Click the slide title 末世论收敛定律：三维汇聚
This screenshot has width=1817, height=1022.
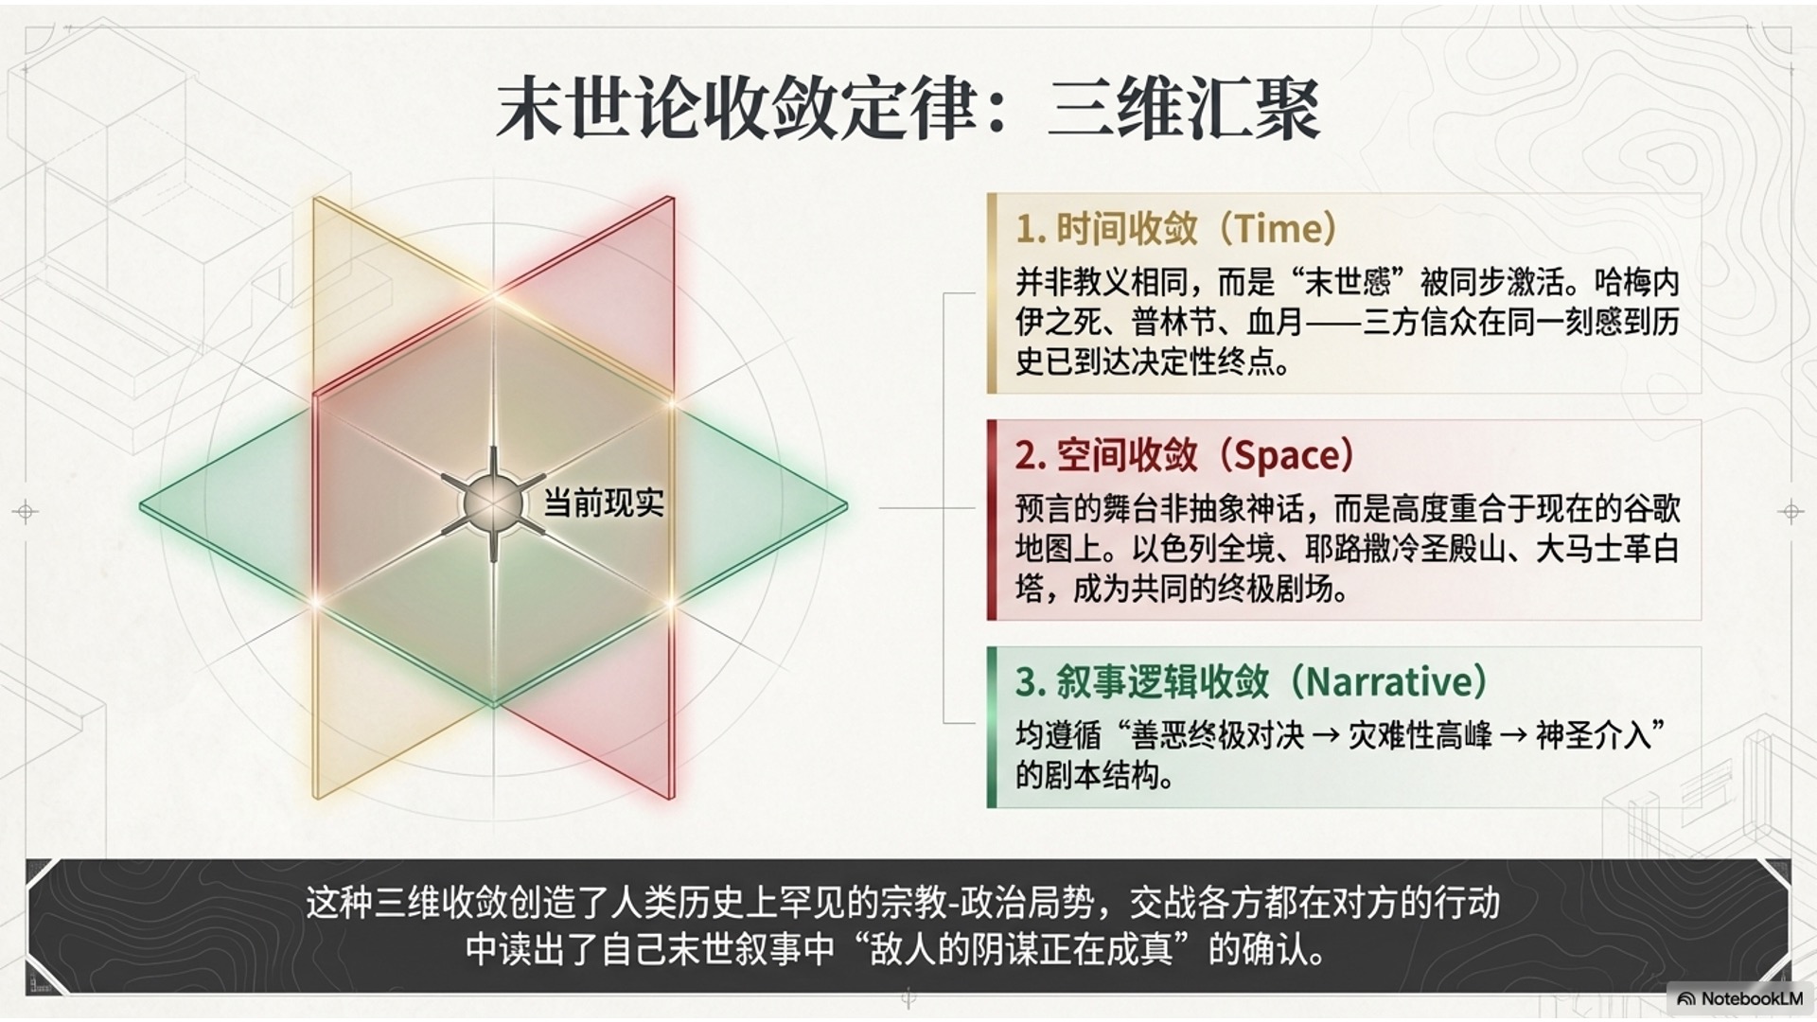pos(908,110)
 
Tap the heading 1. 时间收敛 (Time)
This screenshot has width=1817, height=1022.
pos(1176,228)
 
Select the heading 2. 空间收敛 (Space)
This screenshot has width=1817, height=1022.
pos(1185,455)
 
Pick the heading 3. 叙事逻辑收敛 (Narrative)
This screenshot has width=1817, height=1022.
pos(1251,681)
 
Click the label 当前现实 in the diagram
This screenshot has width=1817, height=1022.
pos(604,502)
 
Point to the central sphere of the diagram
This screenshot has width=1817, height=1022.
pos(492,503)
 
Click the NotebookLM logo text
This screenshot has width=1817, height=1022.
pos(1751,998)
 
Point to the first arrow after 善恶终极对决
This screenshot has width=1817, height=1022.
pos(1326,735)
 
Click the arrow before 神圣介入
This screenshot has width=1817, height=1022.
pos(1514,735)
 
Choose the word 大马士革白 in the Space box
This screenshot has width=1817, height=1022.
pos(1607,549)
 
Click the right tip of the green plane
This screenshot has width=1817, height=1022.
pos(846,507)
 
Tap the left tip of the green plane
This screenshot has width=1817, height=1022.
pos(142,507)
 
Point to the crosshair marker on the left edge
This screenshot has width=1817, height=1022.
pos(26,512)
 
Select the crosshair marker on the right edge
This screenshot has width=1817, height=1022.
pos(1791,512)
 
